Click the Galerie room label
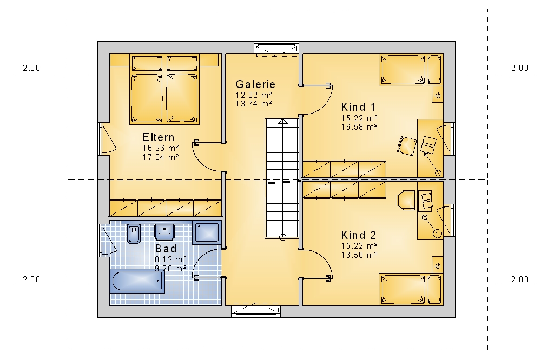tap(255, 84)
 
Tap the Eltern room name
tap(159, 138)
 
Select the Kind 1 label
tap(358, 107)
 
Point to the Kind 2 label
tap(359, 235)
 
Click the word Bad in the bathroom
tap(166, 249)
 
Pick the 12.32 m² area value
tap(254, 95)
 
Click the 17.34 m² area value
tap(161, 157)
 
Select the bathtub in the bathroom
tap(137, 281)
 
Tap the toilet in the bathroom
tap(134, 234)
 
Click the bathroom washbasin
tap(164, 232)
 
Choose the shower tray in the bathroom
tap(207, 233)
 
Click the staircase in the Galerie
tap(282, 178)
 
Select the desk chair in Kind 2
tap(406, 200)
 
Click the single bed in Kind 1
tap(411, 70)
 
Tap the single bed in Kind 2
tap(411, 289)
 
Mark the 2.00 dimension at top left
tap(31, 68)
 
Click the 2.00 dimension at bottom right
tap(520, 279)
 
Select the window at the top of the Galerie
tap(276, 48)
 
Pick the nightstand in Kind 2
tap(438, 266)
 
